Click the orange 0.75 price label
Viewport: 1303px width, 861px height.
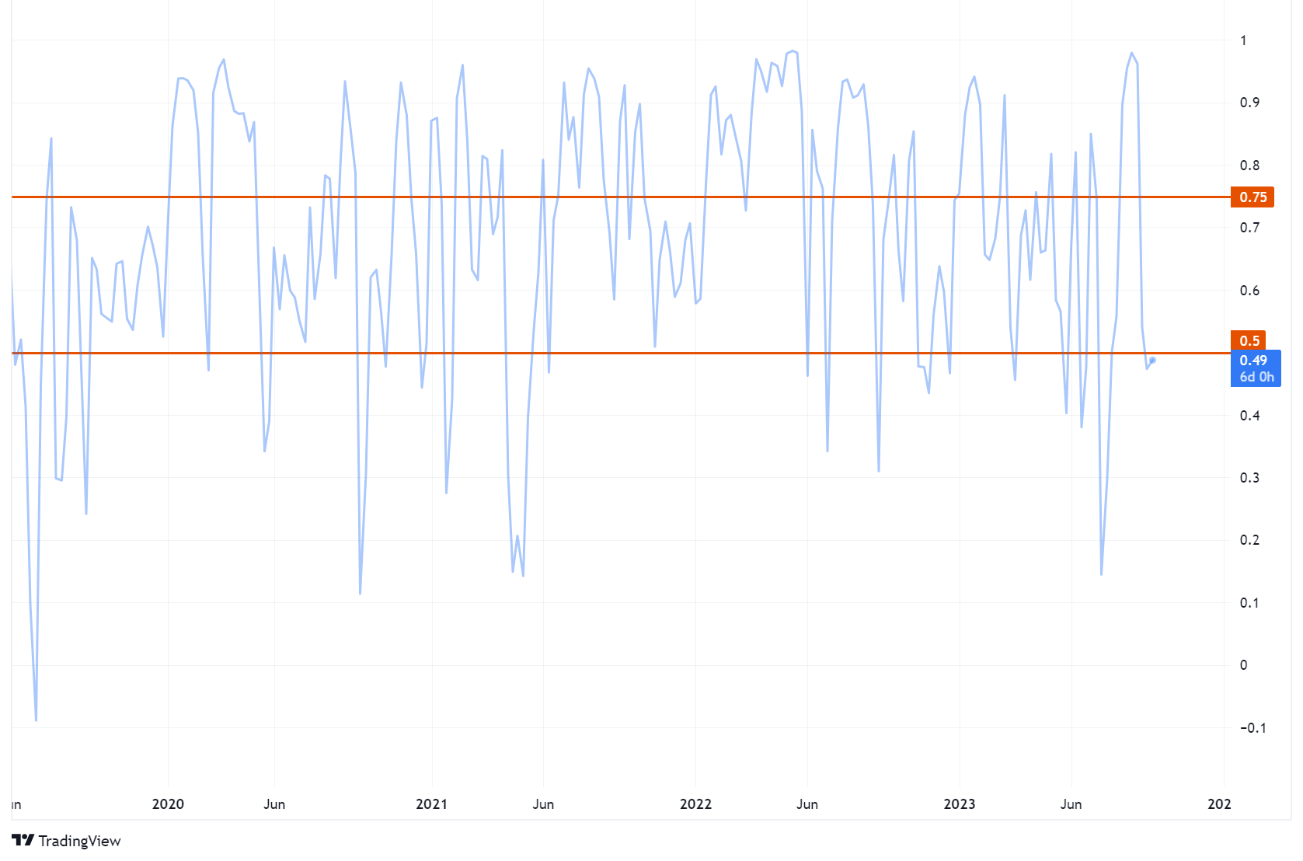tap(1252, 197)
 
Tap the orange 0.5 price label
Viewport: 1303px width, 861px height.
tap(1249, 341)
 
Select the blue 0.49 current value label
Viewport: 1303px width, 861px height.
tap(1253, 361)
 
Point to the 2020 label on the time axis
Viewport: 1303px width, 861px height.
tap(168, 804)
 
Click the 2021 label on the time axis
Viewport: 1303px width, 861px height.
tap(431, 804)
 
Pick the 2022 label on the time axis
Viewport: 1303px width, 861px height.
tap(695, 804)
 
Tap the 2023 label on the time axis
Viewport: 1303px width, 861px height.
tap(959, 804)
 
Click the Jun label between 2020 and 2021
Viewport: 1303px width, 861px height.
tap(274, 804)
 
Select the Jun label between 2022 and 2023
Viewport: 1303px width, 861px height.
tap(807, 804)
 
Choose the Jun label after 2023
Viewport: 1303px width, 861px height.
tap(1071, 804)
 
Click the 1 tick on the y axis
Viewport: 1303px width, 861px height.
tap(1243, 40)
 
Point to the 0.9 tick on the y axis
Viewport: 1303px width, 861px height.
tap(1249, 103)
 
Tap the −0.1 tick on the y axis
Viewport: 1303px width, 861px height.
tap(1252, 728)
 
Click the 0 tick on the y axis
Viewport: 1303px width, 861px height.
tap(1243, 665)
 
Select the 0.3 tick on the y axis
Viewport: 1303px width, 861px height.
tap(1249, 478)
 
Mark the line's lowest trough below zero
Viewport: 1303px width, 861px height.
tap(36, 720)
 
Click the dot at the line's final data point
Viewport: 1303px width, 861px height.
tap(1153, 360)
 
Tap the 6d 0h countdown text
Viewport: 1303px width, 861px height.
tap(1256, 378)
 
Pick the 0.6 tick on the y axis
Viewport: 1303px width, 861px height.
tap(1249, 291)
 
